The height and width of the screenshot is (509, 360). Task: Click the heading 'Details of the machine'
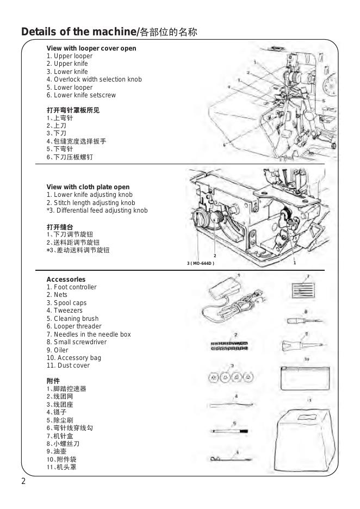click(x=78, y=32)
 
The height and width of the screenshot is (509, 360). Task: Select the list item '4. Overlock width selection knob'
click(x=94, y=79)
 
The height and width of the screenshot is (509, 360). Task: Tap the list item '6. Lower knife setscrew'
click(x=81, y=95)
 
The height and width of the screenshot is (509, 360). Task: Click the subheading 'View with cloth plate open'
click(x=88, y=187)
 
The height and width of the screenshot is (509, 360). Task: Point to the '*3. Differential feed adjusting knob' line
click(x=97, y=210)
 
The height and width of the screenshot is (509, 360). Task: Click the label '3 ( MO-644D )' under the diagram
click(x=201, y=263)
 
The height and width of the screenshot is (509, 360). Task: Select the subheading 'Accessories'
click(x=66, y=280)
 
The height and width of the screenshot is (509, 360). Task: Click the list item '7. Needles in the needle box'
click(x=89, y=334)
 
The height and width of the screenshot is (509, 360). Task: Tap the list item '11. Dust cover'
click(x=68, y=365)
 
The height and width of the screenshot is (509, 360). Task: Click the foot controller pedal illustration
click(x=224, y=288)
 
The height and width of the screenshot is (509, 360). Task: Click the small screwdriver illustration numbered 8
click(x=305, y=321)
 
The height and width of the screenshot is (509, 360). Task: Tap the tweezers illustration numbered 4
click(x=231, y=405)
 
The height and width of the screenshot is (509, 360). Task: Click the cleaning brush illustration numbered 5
click(x=229, y=431)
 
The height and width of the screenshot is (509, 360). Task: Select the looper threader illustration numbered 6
click(x=231, y=459)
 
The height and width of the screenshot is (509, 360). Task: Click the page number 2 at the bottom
click(x=23, y=481)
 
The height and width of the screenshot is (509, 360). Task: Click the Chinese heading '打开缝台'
click(x=60, y=227)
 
